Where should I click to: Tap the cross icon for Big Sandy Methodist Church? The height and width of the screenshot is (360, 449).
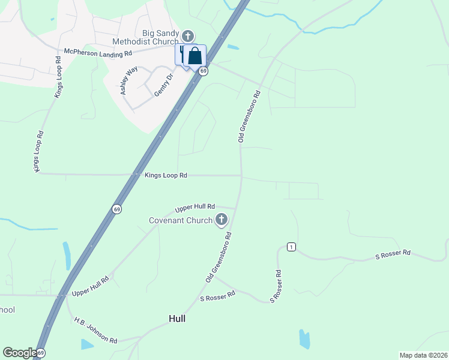coord(188,36)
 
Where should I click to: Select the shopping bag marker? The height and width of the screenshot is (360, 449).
coord(195,56)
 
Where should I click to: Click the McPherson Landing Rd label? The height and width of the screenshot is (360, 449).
coord(97,53)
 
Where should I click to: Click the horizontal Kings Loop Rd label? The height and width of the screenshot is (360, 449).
coord(166,175)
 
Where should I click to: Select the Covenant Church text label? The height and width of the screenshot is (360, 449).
coord(181,220)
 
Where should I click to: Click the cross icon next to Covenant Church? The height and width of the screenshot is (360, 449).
coord(221,220)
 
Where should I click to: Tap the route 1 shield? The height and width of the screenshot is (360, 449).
coord(291,247)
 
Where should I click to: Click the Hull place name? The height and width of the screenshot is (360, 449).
coord(176,319)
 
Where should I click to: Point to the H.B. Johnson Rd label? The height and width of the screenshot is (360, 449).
coord(96,331)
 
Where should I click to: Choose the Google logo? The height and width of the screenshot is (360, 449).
coord(19,353)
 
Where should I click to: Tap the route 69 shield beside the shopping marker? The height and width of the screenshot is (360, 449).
coord(204,71)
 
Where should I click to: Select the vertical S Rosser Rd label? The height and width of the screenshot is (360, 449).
coord(277,286)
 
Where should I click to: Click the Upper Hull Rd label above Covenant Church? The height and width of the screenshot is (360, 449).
coord(195,208)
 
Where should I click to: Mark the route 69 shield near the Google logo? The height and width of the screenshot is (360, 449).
coord(40,354)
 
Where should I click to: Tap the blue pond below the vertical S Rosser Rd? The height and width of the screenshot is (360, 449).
coord(304,338)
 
